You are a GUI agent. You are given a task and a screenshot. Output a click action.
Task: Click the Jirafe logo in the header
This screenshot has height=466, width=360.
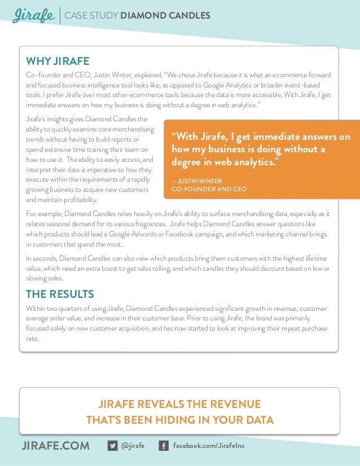click(33, 15)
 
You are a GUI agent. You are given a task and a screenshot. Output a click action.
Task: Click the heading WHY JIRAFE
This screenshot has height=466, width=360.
click(58, 61)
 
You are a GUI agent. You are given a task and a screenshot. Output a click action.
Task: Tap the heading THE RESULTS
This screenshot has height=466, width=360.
click(60, 294)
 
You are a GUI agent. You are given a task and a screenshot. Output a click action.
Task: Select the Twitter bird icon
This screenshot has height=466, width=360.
click(112, 446)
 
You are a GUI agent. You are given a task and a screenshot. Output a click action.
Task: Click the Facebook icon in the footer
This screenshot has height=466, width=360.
click(164, 446)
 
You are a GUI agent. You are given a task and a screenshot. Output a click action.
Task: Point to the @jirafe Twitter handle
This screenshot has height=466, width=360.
click(133, 446)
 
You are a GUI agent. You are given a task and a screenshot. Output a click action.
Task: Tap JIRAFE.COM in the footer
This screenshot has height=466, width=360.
click(55, 446)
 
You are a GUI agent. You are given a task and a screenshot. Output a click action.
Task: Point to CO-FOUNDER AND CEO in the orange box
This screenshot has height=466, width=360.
click(208, 189)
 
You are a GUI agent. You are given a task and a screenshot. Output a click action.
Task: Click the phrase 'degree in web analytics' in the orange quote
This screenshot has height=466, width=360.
click(223, 162)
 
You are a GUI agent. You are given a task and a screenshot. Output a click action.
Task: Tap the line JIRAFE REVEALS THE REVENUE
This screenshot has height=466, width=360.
click(179, 405)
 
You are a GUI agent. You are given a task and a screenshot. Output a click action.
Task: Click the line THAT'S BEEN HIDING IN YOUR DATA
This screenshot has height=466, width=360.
click(179, 420)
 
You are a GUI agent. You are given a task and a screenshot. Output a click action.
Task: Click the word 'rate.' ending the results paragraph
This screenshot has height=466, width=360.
click(32, 339)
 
